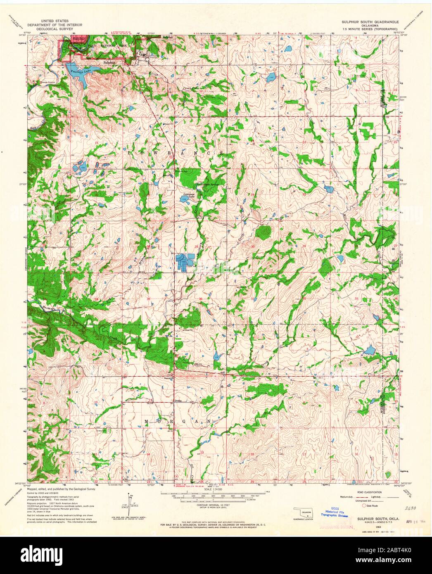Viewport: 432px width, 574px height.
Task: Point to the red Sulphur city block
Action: [76, 38]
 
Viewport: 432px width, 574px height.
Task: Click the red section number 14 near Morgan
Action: [148, 454]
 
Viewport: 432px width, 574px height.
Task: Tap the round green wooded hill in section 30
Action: [263, 232]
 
